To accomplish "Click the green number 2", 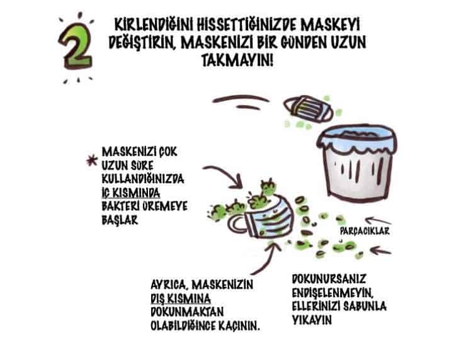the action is click(76, 47).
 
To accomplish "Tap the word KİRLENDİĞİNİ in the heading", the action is click(154, 25).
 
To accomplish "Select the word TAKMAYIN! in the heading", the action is click(237, 60).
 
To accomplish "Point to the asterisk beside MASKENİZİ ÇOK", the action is click(92, 160).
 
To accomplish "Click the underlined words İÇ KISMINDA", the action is click(131, 193).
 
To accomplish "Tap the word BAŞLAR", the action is click(120, 220).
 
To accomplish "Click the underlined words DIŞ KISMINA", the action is click(181, 298).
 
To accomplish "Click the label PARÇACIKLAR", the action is click(365, 232).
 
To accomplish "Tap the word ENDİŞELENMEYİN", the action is click(332, 293).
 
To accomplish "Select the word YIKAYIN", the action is click(312, 320).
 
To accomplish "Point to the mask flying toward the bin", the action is click(308, 109).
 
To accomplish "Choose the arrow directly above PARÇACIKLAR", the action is click(378, 221).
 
